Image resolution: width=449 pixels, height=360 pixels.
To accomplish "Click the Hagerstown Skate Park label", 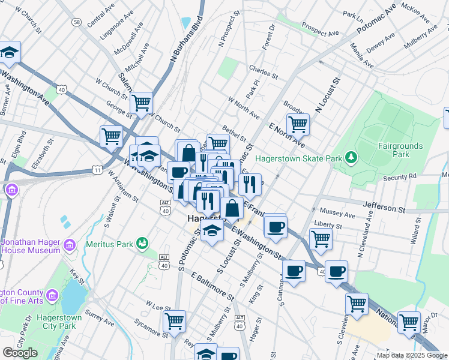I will [x=298, y=158].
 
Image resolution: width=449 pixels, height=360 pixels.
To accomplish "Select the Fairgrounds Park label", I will [x=400, y=150].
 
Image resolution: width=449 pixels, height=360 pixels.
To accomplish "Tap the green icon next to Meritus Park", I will [x=142, y=242].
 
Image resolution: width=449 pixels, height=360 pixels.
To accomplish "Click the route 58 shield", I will [x=76, y=22].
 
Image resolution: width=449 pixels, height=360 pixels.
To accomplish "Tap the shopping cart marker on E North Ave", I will [x=298, y=125].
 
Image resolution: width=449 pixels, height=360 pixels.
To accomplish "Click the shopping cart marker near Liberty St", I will [x=321, y=238].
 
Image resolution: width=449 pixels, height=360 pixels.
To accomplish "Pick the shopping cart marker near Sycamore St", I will [x=174, y=320].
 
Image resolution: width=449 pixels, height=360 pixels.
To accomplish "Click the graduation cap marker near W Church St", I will [x=10, y=52].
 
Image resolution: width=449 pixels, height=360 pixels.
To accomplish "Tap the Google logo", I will [x=20, y=353].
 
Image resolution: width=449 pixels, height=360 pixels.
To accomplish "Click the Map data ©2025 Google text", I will [x=412, y=355].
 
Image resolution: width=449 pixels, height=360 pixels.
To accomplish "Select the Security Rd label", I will [x=399, y=178].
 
